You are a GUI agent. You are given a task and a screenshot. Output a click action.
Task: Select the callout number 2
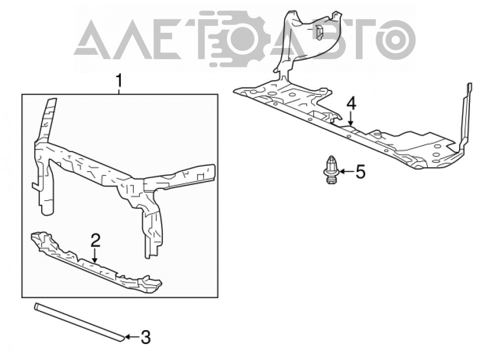(95, 241)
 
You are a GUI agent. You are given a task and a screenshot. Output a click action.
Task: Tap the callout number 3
(146, 337)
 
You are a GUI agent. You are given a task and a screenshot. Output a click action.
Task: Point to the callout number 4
(351, 104)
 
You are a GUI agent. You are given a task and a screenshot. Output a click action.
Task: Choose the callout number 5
(360, 172)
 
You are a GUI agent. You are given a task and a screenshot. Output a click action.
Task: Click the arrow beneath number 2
(95, 255)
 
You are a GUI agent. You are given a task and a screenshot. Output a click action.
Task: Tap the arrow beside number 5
(347, 171)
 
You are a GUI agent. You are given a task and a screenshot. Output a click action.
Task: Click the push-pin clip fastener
(331, 170)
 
